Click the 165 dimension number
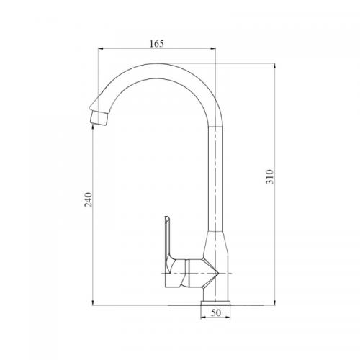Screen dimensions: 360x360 [x=156, y=44]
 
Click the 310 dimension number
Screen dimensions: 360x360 [x=270, y=176]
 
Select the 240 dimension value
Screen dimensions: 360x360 [x=88, y=199]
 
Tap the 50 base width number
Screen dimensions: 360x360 [x=216, y=312]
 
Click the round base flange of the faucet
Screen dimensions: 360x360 [x=215, y=303]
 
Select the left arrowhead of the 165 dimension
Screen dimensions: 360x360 [x=101, y=49]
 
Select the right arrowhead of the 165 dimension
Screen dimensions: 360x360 [x=213, y=49]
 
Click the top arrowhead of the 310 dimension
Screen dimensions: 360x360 [x=274, y=66]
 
